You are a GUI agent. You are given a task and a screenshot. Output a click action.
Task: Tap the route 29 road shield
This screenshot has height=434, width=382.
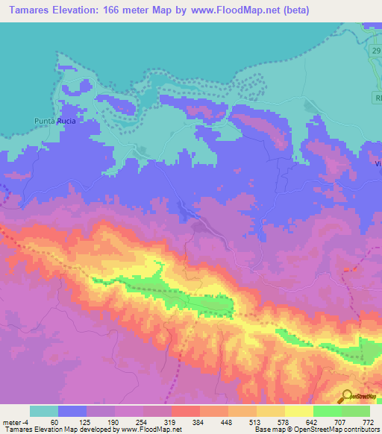click(x=375, y=50)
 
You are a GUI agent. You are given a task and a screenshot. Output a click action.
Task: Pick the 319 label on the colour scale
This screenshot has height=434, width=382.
click(x=171, y=423)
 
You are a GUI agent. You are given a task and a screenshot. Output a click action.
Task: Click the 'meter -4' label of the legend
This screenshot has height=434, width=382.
click(x=16, y=423)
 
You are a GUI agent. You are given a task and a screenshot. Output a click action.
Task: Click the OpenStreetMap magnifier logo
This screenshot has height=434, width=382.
click(x=346, y=396)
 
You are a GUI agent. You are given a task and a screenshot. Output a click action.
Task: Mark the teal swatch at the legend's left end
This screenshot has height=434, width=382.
click(x=44, y=411)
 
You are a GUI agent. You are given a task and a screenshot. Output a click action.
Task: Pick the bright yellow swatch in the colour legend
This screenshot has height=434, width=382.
click(x=298, y=411)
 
